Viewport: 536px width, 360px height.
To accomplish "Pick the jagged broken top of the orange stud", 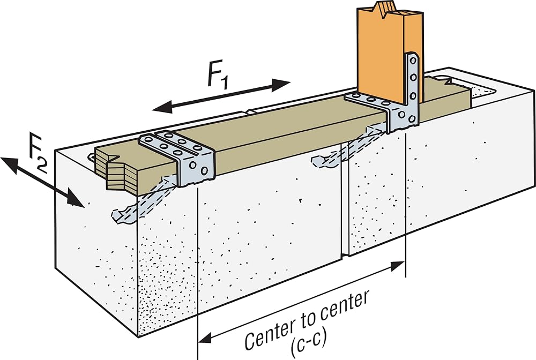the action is click(x=390, y=9).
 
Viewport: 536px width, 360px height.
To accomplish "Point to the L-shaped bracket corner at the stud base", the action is click(x=397, y=116).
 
